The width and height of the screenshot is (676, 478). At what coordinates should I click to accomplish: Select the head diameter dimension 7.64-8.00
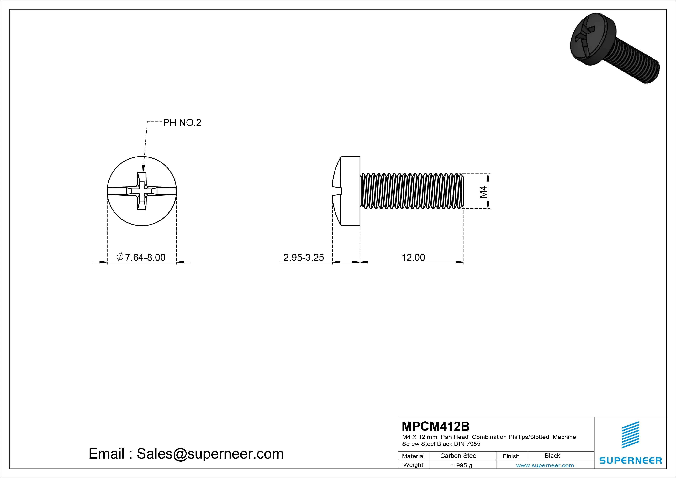click(x=141, y=258)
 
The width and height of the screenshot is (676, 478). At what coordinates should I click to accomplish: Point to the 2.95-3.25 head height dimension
click(x=304, y=258)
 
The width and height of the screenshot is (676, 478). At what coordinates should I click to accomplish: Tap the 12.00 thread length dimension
click(x=413, y=258)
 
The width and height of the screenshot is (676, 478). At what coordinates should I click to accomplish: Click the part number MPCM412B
click(x=436, y=426)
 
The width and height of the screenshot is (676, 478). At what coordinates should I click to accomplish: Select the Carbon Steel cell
click(x=459, y=456)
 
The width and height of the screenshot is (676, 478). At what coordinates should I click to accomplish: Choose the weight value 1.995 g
click(x=461, y=465)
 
